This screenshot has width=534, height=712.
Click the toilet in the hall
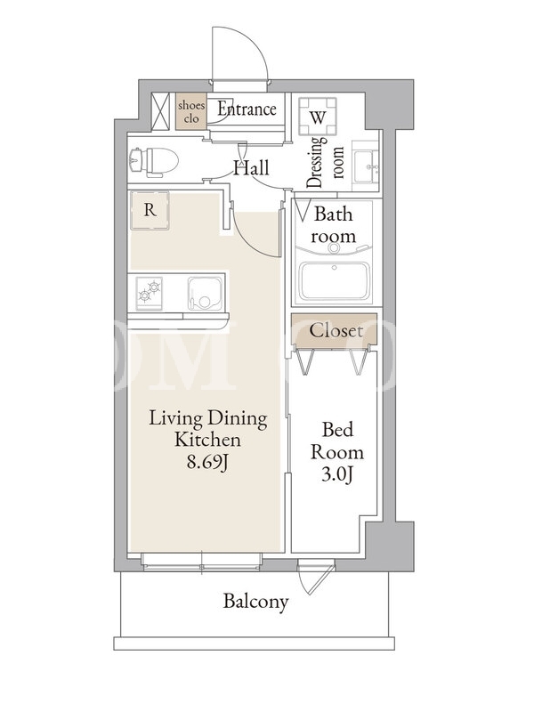click(153, 162)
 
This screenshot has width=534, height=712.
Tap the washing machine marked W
click(318, 117)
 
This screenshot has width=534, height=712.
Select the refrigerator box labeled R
click(150, 210)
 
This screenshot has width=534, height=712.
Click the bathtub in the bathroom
click(334, 280)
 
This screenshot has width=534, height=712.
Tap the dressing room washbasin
click(366, 167)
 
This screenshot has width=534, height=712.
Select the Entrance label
click(247, 109)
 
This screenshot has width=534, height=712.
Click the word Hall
click(252, 167)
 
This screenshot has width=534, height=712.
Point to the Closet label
click(336, 330)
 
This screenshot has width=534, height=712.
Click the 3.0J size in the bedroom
click(337, 474)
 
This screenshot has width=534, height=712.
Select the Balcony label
click(255, 602)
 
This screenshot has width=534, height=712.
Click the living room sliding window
click(202, 562)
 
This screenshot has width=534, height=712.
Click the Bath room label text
click(333, 225)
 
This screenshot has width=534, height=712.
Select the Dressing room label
click(325, 162)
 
